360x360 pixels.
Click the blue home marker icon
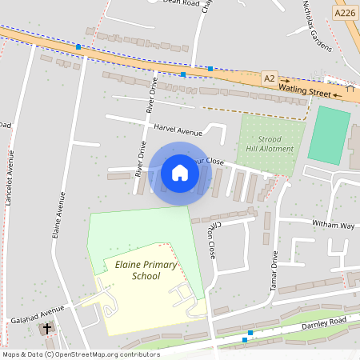point(180,173)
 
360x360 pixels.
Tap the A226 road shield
point(345,13)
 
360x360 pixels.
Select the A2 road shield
point(270,78)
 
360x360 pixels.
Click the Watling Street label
point(308,93)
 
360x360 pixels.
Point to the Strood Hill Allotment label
point(270,143)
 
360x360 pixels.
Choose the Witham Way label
point(333,225)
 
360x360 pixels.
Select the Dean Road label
point(180,3)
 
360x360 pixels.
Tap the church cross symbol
point(46,329)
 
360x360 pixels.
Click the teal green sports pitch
point(329,135)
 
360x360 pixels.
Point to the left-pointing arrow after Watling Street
point(338,95)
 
